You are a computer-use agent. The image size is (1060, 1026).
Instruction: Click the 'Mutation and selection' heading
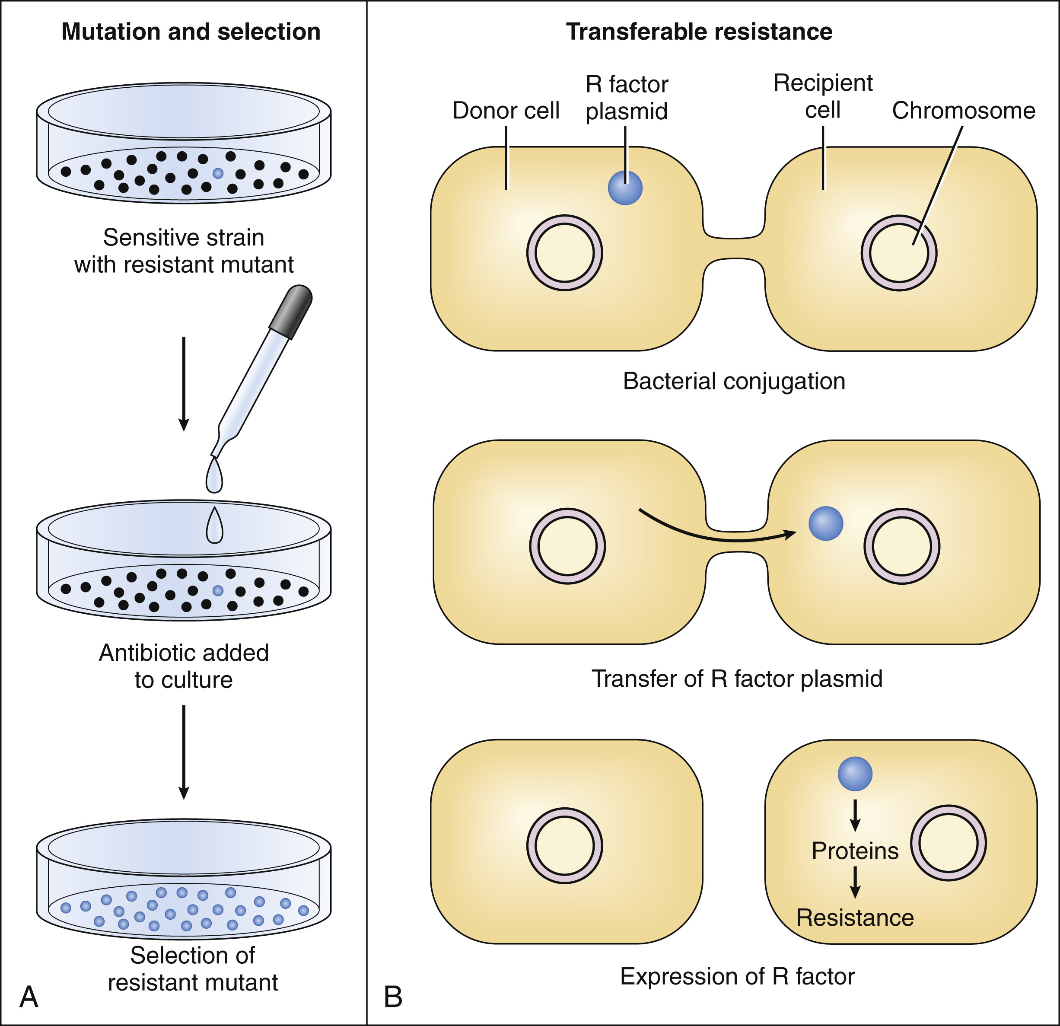tap(191, 32)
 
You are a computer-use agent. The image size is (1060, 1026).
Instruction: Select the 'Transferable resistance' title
tap(699, 32)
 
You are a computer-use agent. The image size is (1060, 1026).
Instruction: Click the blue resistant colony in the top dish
tap(218, 174)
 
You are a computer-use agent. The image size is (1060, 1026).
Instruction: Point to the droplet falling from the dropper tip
tap(214, 476)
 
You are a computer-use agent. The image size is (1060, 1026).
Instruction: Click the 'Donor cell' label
tap(506, 110)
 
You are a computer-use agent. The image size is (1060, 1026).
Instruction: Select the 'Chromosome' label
tap(963, 110)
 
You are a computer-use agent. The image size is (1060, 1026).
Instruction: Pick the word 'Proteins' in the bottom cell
tap(855, 851)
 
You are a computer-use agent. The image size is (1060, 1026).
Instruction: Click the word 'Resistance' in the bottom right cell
tap(855, 918)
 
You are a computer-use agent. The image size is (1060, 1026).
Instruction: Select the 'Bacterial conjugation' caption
tap(734, 381)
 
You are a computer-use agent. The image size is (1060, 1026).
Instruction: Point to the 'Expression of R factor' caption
tap(737, 976)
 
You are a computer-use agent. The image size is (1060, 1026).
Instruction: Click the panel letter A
tap(29, 996)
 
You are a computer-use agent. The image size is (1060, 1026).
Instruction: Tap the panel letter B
tap(393, 997)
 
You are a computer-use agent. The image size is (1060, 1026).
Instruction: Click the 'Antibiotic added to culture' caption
tap(184, 666)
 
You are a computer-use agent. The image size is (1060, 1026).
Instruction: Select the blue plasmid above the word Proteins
tap(855, 774)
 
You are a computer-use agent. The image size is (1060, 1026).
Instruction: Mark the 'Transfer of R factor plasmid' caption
tap(737, 678)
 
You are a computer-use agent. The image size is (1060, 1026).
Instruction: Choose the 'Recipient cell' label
tap(823, 96)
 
